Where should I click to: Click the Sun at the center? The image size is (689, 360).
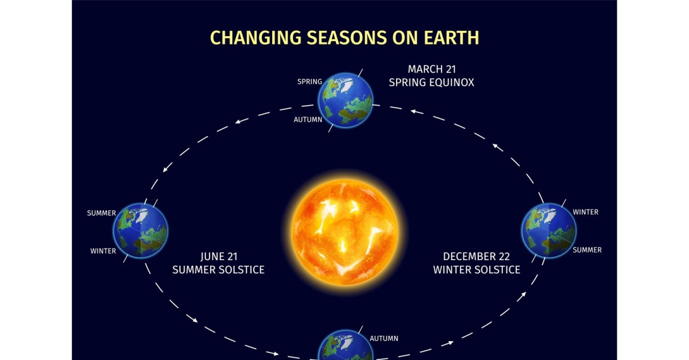344,232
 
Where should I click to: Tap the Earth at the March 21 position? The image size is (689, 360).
345,100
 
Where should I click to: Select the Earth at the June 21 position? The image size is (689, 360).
141,230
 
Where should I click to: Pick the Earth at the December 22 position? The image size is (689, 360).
549,230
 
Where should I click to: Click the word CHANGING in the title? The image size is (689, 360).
256,37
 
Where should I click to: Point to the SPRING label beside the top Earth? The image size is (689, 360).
309,82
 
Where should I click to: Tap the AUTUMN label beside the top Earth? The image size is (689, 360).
308,119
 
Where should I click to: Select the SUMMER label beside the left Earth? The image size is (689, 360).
102,213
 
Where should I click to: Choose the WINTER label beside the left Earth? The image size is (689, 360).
103,251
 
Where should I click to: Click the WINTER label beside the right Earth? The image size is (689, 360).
586,212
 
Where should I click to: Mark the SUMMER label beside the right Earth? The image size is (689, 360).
587,250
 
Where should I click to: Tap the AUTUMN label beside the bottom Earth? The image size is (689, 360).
384,338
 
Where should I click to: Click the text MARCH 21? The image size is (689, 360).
432,69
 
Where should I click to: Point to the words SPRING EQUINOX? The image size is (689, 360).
432,83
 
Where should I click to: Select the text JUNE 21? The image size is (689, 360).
219,256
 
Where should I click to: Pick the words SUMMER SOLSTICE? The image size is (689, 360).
218,270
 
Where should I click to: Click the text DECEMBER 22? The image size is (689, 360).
477,256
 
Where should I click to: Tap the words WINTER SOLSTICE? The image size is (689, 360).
477,270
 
